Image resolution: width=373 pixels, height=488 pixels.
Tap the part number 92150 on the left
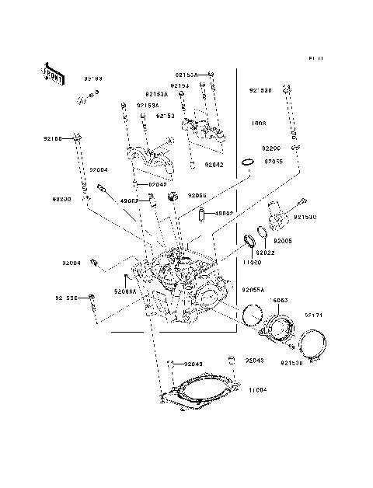(53, 138)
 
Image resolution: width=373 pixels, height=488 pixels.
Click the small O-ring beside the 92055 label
(246, 162)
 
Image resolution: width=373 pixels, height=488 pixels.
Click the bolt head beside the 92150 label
(78, 138)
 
